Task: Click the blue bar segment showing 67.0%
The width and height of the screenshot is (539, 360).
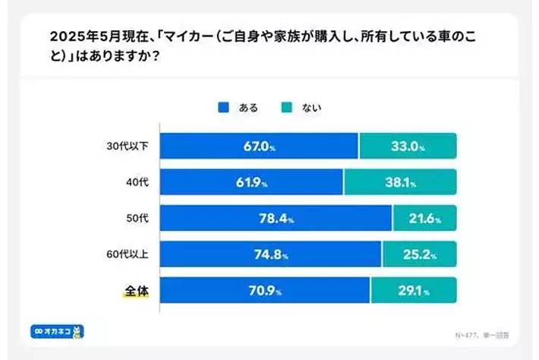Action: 259,146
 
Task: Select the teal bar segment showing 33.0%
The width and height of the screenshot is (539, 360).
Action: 408,146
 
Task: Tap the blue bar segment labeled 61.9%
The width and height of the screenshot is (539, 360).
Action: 251,182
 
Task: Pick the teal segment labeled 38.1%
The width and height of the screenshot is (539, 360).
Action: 400,182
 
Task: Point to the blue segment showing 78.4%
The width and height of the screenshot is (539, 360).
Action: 276,218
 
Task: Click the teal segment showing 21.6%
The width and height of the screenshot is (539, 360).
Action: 425,218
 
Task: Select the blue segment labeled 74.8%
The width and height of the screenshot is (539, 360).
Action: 270,254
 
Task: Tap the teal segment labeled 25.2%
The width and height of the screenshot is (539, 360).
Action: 419,254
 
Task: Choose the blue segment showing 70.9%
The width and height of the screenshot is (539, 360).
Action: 265,290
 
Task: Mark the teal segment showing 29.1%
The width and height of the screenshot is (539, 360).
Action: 414,290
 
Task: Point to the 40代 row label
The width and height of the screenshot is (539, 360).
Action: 137,182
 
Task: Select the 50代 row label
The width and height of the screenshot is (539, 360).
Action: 137,219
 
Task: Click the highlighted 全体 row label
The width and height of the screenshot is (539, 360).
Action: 135,290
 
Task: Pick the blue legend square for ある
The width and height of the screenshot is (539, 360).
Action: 222,108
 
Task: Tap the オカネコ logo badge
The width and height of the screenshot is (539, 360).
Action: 57,331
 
